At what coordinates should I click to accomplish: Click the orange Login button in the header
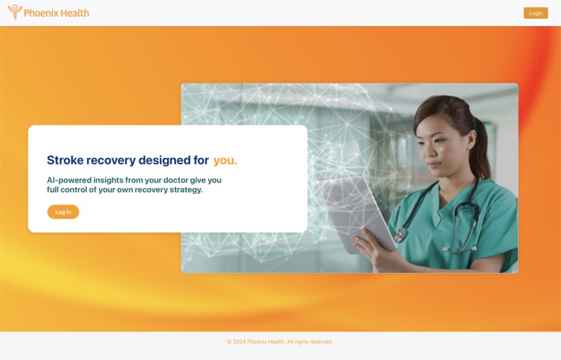tap(535, 13)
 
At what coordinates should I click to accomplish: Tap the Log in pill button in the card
tap(63, 212)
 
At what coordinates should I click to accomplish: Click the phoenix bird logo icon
tap(15, 12)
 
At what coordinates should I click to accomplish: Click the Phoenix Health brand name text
tap(56, 13)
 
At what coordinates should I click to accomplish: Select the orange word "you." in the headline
tap(225, 160)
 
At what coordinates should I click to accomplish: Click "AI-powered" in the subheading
tap(69, 180)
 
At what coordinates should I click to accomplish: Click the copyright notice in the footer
tap(280, 342)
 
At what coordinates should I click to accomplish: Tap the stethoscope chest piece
tap(400, 235)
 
